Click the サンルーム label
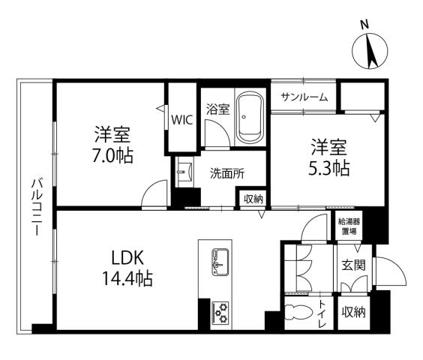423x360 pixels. click(304, 97)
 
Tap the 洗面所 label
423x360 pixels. click(226, 171)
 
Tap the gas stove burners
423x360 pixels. click(221, 312)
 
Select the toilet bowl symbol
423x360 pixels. click(299, 313)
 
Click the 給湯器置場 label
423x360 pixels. click(349, 226)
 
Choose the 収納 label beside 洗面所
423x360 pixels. click(253, 199)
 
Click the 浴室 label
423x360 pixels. click(218, 110)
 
